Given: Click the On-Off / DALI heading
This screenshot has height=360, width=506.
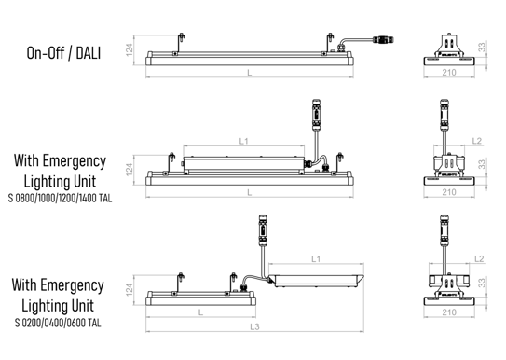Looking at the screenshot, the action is (63, 53).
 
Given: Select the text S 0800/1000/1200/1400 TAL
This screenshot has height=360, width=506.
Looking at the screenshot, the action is (60, 198).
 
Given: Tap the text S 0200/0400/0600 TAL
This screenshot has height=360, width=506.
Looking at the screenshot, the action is (58, 323).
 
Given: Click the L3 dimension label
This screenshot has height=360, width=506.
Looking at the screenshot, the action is (254, 326).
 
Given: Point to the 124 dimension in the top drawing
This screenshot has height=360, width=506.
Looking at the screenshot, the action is (130, 50).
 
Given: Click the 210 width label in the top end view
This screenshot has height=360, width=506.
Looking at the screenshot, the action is (449, 73).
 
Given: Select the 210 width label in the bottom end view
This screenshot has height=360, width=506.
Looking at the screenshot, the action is (449, 312).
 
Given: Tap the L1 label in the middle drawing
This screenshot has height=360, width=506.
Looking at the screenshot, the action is (243, 141).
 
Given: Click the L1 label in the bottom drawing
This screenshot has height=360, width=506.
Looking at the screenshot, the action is (316, 259).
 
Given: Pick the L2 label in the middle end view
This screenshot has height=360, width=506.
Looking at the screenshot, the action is (476, 141).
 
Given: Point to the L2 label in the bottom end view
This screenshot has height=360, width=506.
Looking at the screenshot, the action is (479, 259).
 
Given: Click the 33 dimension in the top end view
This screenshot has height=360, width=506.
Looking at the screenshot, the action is (482, 48).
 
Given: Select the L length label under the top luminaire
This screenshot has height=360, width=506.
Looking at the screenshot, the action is (250, 73).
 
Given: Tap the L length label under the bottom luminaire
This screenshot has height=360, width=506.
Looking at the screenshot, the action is (200, 312).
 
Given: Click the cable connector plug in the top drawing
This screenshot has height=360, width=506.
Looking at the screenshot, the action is (383, 40).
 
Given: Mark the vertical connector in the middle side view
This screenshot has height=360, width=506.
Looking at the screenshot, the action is (316, 115).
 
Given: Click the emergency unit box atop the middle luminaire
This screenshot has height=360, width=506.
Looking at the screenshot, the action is (243, 164).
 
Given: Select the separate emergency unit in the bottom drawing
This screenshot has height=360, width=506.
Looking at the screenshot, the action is (316, 281).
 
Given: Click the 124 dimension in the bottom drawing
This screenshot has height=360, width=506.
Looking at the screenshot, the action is (130, 290).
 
